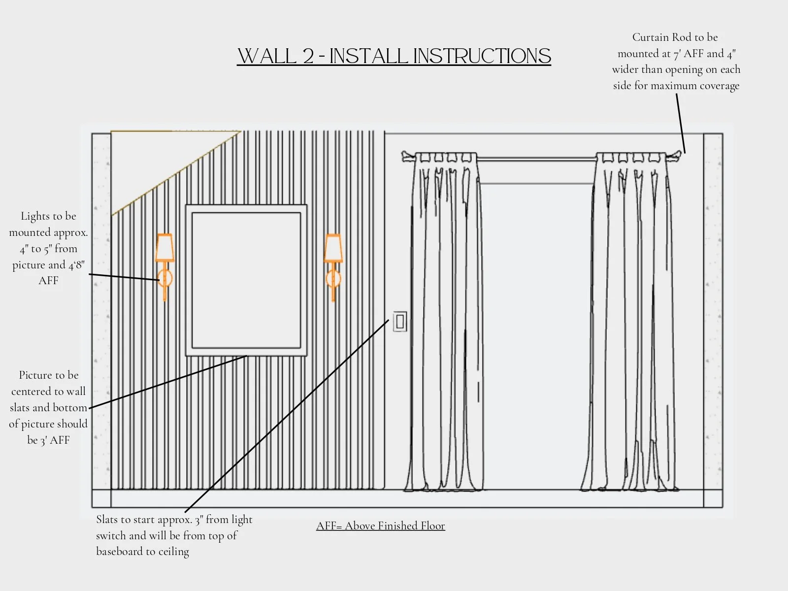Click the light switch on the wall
coord(400,322)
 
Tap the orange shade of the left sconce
coord(164,247)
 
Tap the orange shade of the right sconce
coord(333,248)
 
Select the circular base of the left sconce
coord(165,278)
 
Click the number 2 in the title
coord(308,56)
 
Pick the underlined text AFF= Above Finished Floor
coord(380,526)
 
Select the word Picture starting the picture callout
coord(35,375)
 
